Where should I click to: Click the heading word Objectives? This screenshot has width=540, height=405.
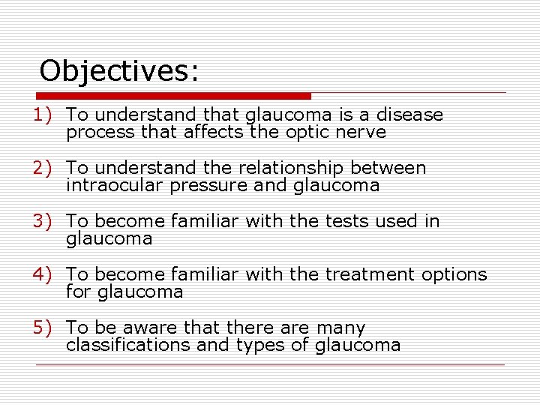pyautogui.click(x=118, y=71)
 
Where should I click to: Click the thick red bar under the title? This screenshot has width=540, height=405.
pyautogui.click(x=174, y=96)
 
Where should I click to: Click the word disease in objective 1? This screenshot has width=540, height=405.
pyautogui.click(x=409, y=115)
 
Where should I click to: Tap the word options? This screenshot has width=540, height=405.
pyautogui.click(x=454, y=275)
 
